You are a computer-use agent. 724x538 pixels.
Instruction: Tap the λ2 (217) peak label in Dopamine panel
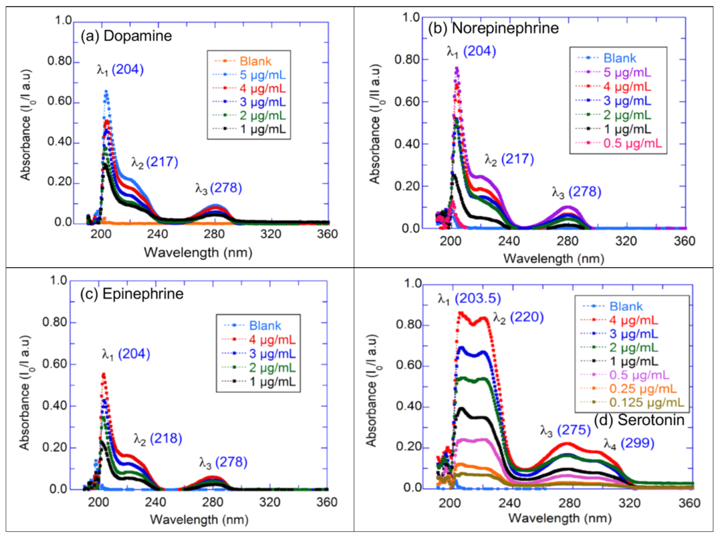click(154, 163)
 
